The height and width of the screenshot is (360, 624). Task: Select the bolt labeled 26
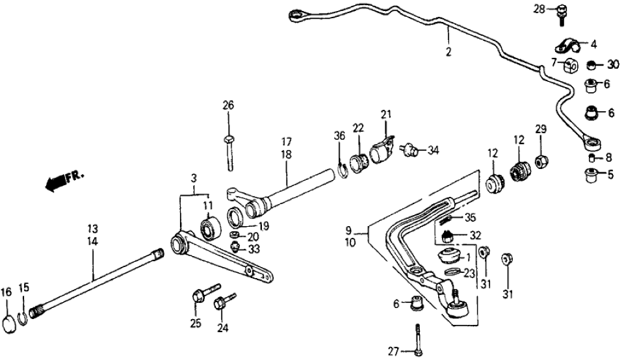(x=229, y=151)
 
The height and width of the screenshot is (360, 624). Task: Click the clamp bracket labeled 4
(x=567, y=45)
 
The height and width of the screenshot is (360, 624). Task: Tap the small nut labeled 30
(x=591, y=64)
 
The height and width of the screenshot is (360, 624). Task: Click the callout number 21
(x=386, y=115)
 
